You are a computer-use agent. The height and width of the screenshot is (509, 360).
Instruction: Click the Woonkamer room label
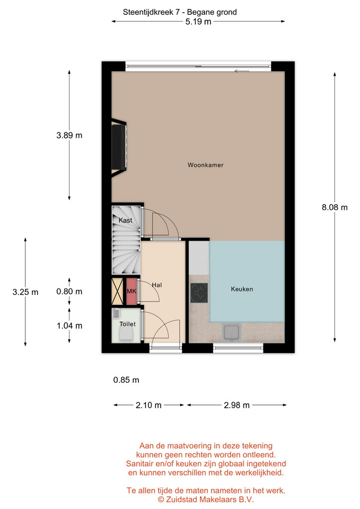pyautogui.click(x=206, y=165)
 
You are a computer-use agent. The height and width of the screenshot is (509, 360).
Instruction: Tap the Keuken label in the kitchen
pyautogui.click(x=242, y=289)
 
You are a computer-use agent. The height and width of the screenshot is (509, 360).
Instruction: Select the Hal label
pyautogui.click(x=157, y=285)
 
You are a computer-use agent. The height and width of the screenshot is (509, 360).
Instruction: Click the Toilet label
pyautogui.click(x=128, y=324)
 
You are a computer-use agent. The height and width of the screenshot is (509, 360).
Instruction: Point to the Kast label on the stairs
pyautogui.click(x=125, y=221)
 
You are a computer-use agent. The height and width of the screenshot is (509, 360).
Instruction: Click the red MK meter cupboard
pyautogui.click(x=131, y=292)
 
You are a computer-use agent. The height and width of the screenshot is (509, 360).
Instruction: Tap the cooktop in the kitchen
pyautogui.click(x=199, y=293)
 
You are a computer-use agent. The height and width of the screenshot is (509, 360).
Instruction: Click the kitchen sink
pyautogui.click(x=232, y=333)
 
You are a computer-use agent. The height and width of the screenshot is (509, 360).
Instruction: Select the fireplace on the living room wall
pyautogui.click(x=119, y=148)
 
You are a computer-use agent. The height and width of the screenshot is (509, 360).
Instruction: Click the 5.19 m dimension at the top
pyautogui.click(x=198, y=22)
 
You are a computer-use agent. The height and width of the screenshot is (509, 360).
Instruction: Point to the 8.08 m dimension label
pyautogui.click(x=335, y=207)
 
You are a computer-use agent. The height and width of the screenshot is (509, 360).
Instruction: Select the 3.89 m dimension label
pyautogui.click(x=69, y=135)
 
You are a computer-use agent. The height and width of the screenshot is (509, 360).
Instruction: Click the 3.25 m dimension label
pyautogui.click(x=25, y=292)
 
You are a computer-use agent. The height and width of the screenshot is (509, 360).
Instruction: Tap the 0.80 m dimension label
pyautogui.click(x=69, y=292)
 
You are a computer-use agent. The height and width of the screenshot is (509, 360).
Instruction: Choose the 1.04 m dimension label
pyautogui.click(x=69, y=326)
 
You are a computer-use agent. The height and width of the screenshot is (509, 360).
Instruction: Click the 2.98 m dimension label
pyautogui.click(x=236, y=405)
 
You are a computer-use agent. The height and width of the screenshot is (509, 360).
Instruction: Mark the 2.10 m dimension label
pyautogui.click(x=148, y=405)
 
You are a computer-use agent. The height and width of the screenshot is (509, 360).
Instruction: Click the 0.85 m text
pyautogui.click(x=126, y=380)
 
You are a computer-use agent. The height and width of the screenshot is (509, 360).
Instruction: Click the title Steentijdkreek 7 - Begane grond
pyautogui.click(x=180, y=12)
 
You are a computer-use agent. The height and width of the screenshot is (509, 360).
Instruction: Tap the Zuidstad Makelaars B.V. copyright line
pyautogui.click(x=206, y=499)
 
